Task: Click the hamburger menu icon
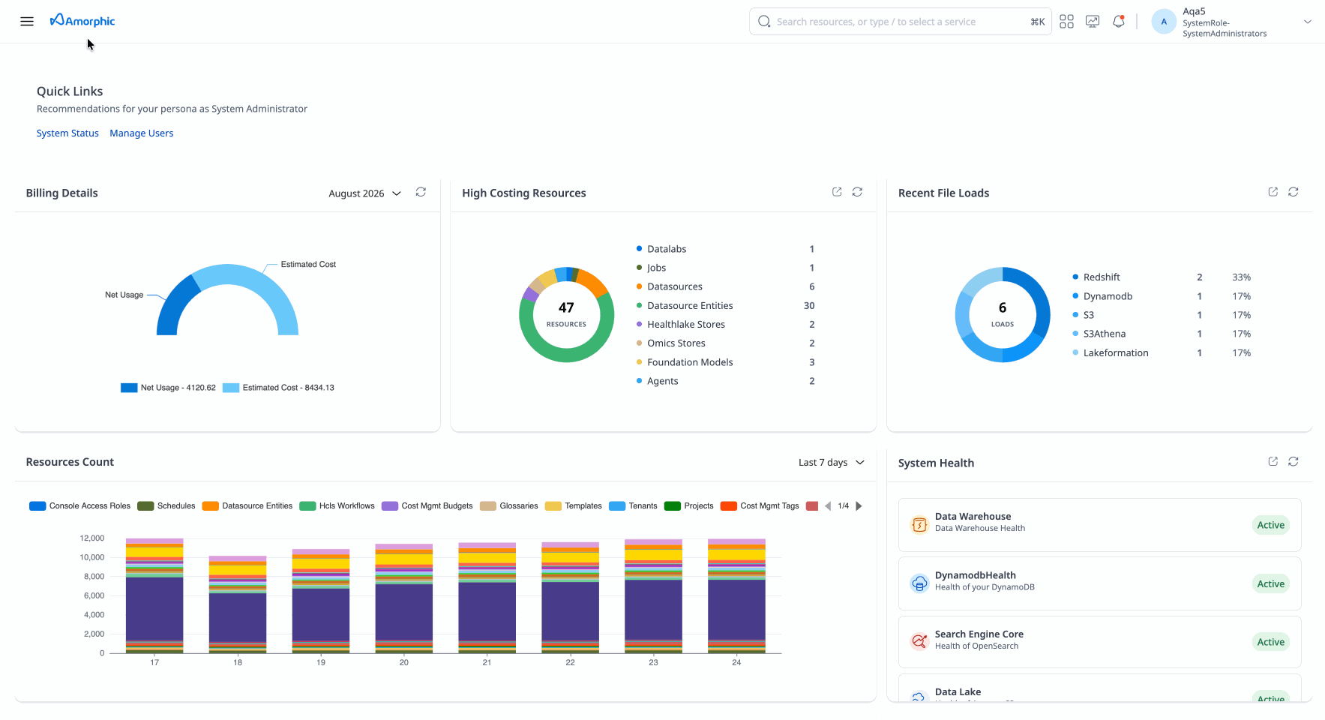27,22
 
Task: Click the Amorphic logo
82,21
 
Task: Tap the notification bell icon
1119,22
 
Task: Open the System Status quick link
67,133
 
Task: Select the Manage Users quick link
142,133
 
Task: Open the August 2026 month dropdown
365,193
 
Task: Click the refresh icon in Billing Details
421,192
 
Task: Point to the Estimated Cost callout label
308,265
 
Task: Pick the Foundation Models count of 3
811,362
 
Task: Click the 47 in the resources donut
566,307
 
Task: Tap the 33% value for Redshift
1241,277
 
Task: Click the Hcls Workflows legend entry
337,506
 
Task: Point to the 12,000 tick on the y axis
92,538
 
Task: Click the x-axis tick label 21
487,663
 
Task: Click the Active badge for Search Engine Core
1270,642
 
